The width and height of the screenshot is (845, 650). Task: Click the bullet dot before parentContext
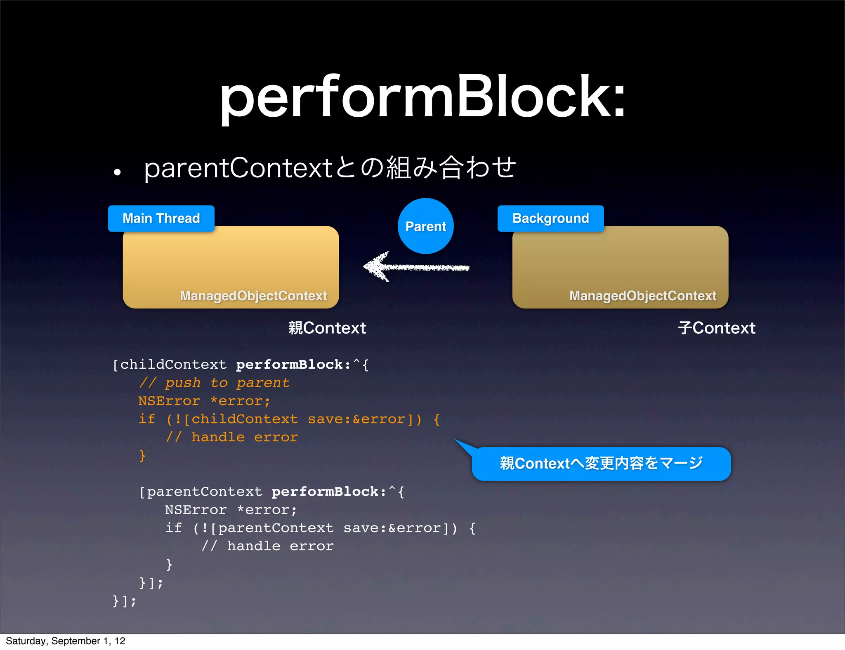[x=118, y=172]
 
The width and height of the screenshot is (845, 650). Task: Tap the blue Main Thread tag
[x=161, y=218]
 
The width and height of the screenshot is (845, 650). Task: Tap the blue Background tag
[x=550, y=218]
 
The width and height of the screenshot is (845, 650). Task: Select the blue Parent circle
[x=425, y=226]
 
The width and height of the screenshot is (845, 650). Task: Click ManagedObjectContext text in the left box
[x=253, y=296]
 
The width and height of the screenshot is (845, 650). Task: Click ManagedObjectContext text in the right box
[x=642, y=296]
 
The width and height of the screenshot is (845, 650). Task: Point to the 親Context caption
[x=327, y=328]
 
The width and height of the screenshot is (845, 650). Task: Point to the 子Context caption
[x=716, y=328]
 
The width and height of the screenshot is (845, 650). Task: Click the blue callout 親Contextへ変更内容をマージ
[x=601, y=464]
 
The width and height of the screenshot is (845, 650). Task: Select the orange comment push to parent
[x=215, y=383]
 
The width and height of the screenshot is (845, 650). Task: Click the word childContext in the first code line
[x=173, y=365]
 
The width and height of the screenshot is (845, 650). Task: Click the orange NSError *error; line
[x=204, y=401]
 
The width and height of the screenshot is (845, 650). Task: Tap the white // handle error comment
[x=267, y=546]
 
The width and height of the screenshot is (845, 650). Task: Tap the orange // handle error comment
[x=231, y=437]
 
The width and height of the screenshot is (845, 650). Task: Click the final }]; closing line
[x=124, y=601]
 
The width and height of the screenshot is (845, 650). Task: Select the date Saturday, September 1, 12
[x=65, y=641]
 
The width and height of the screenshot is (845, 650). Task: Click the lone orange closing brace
[x=142, y=455]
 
